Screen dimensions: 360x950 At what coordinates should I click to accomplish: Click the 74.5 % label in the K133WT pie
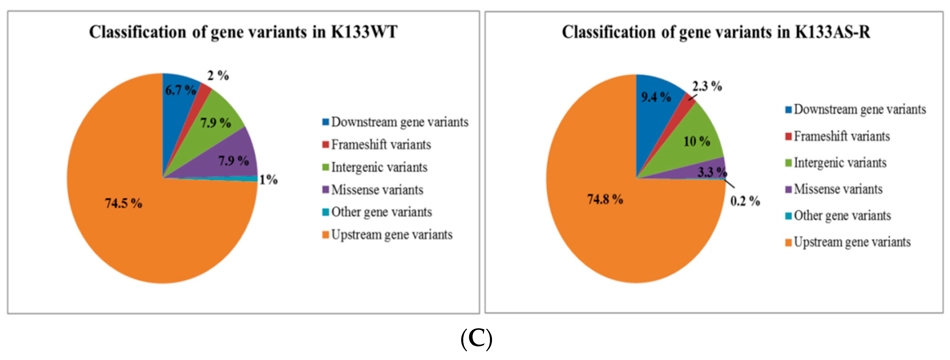[x=123, y=203]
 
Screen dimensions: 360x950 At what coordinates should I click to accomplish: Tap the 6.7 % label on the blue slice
[x=180, y=90]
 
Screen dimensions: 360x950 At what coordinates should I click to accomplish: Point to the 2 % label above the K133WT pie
[x=218, y=76]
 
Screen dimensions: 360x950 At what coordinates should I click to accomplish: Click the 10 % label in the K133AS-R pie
[x=697, y=141]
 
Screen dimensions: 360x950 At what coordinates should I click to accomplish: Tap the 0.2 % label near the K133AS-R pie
[x=745, y=201]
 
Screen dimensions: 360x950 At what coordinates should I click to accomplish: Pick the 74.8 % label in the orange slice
[x=605, y=200]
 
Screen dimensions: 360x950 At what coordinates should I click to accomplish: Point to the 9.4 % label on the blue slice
[x=656, y=97]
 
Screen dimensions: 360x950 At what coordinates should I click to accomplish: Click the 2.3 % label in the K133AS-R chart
[x=707, y=86]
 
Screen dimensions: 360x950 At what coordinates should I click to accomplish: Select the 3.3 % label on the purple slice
[x=712, y=172]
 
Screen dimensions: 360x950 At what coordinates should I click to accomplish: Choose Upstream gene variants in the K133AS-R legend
[x=852, y=242]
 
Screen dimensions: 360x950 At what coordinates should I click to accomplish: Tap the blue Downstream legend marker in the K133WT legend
[x=325, y=122]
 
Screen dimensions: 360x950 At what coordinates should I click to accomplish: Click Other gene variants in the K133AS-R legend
[x=842, y=216]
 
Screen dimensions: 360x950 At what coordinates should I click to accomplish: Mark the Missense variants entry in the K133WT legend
[x=377, y=190]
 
